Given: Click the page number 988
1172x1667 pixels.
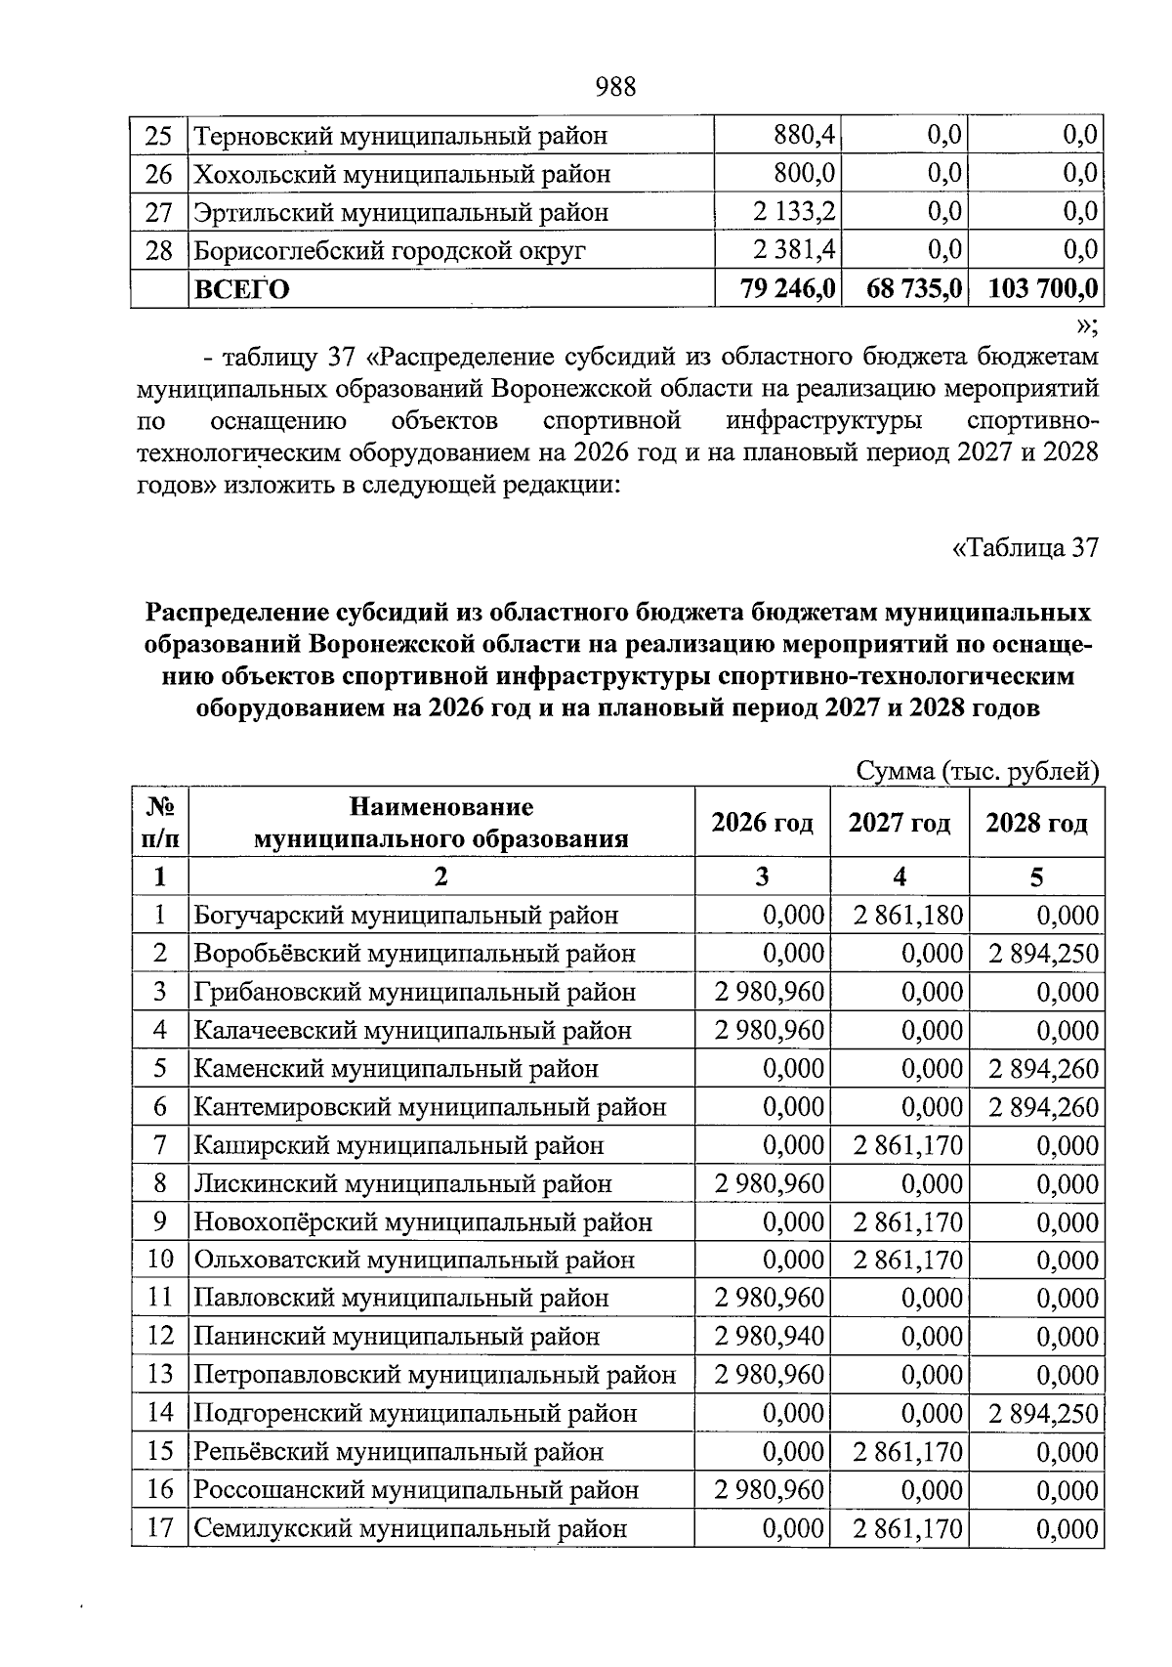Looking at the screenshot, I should pos(615,88).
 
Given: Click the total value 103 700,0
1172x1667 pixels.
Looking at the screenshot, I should pos(1043,289).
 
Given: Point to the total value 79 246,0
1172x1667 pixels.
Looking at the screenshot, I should pos(788,289).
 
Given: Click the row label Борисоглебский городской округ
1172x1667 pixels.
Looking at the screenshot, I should pos(390,251).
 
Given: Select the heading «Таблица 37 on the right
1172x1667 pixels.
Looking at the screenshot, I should pos(1025,547).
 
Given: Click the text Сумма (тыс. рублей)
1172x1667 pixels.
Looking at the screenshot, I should pos(977,771).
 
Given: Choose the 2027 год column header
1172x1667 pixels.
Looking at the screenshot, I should pos(899,823).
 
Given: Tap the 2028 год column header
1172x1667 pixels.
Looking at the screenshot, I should pos(1036,823).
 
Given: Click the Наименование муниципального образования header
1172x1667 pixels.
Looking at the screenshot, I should pos(441,823).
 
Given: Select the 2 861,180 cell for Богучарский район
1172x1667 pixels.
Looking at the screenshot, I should pos(908,916).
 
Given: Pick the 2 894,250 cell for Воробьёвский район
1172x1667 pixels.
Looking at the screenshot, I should pos(1043,954).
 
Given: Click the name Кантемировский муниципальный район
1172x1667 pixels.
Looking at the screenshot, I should pos(430,1107).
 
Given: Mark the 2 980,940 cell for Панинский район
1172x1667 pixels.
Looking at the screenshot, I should pos(770,1337).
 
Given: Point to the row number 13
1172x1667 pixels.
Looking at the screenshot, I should pos(160,1375).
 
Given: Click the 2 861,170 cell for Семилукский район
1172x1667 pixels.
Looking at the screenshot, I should pos(908,1528).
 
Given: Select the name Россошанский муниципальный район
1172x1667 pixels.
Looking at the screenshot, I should pos(416,1490).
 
